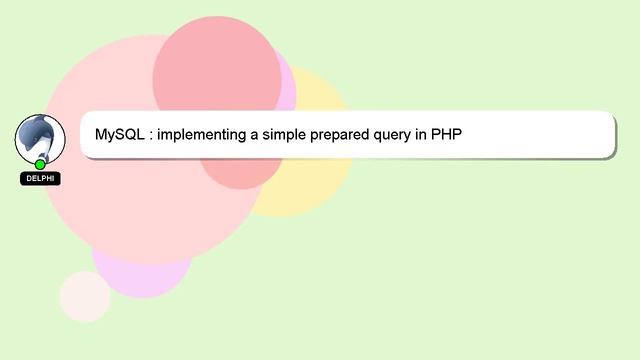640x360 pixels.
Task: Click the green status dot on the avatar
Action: coord(40,164)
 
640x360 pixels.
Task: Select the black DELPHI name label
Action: coord(40,178)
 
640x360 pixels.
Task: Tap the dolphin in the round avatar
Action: coord(39,137)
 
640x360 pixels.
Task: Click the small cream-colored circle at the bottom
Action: coord(85,296)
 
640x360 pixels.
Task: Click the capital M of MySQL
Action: coord(101,134)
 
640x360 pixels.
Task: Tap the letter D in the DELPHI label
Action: coord(28,178)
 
